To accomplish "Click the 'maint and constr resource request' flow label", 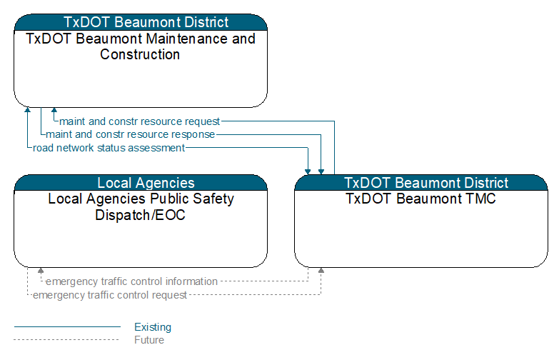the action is tap(139, 121).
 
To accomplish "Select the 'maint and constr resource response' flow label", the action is tap(130, 134).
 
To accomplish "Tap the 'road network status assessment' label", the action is tap(109, 148).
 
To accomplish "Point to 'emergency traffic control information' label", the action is tap(131, 281).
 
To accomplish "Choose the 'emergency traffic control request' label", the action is tap(110, 295).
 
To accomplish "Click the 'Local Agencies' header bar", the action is tap(141, 183).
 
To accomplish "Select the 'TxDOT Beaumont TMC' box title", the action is tap(420, 199).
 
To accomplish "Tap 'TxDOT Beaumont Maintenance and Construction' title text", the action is tap(141, 46).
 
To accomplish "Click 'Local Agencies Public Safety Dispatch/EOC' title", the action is tap(141, 207).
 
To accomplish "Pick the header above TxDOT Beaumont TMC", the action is tap(421, 183).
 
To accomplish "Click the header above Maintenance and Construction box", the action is tap(141, 22).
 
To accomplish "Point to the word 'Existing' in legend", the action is tap(153, 327).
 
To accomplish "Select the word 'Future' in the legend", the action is tap(149, 340).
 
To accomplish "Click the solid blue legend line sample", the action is tap(67, 326).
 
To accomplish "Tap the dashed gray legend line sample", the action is tap(66, 340).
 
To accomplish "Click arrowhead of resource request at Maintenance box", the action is tap(54, 110).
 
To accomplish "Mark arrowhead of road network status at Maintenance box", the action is tap(27, 110).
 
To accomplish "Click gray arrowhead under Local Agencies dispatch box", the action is tap(41, 271).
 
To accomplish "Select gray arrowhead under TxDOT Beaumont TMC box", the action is tap(321, 271).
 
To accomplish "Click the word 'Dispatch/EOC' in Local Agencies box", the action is tap(140, 215).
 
